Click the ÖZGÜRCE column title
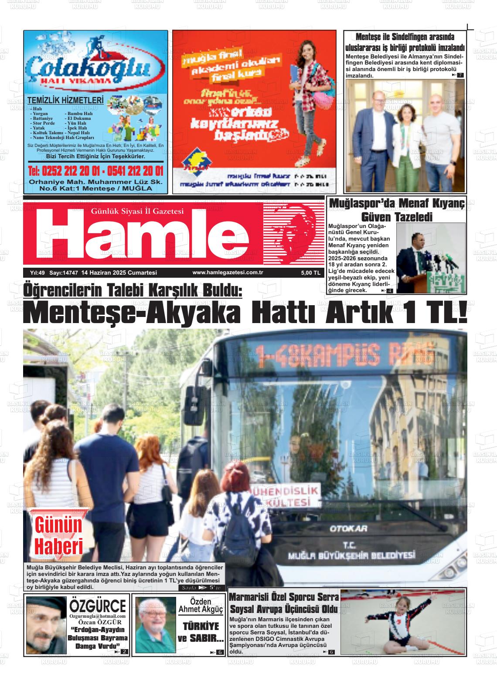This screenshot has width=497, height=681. pos(98,606)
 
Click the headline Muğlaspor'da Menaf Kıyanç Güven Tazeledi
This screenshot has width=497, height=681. pos(397,209)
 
